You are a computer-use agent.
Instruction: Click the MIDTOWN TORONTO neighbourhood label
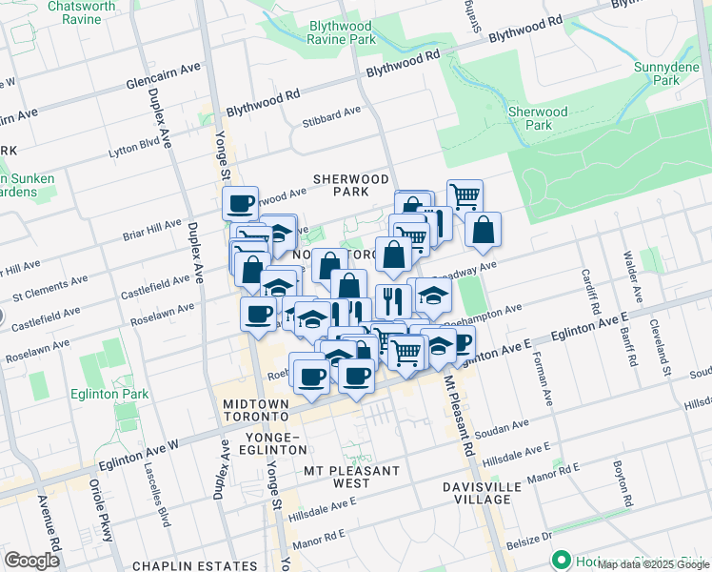point(255,411)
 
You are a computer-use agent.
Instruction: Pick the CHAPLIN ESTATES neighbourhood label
point(191,565)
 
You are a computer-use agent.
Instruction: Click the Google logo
point(31,561)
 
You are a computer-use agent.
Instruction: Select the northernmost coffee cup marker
point(240,202)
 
